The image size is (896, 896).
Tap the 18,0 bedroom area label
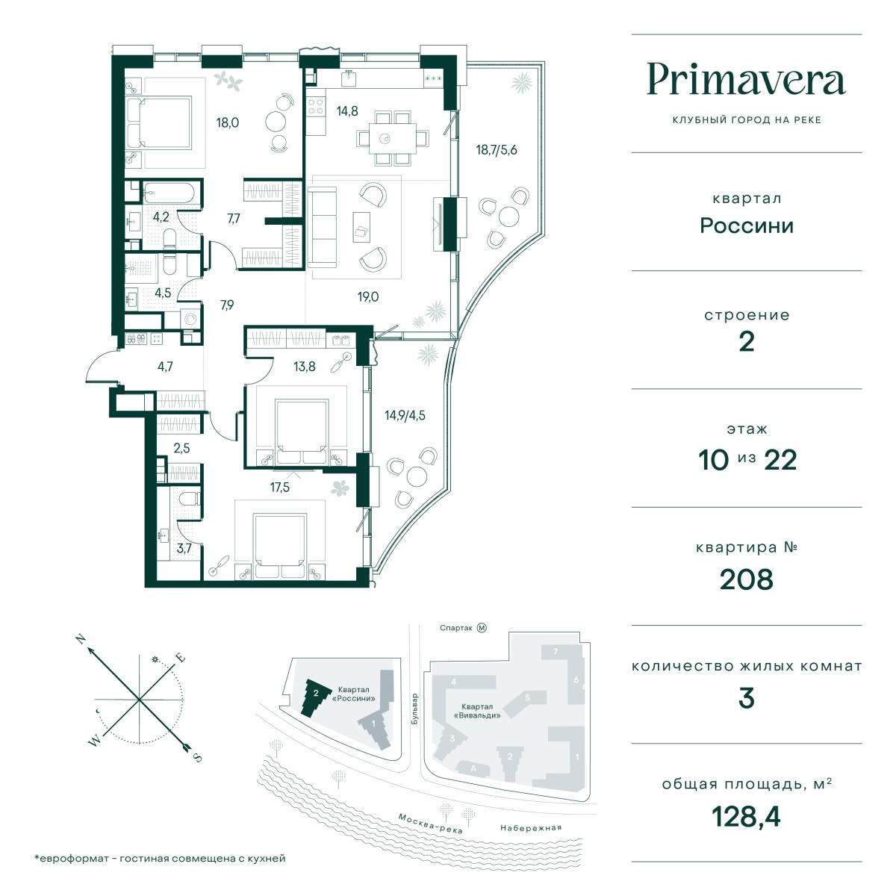coord(228,122)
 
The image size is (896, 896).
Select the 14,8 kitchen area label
coord(347,111)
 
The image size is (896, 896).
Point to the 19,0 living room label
coord(368,296)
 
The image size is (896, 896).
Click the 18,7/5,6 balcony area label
coord(497,150)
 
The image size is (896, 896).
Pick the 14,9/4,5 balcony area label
coord(405,415)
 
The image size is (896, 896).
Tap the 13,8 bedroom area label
coord(305,367)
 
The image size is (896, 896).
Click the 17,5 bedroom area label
coord(280,488)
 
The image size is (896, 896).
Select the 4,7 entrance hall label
coord(165,367)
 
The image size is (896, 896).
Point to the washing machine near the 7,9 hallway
coord(190,319)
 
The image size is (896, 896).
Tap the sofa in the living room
coord(323,228)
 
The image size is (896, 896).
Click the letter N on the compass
coord(82,640)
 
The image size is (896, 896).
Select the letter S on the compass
coord(198,758)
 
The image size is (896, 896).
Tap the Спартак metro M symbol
coord(482,628)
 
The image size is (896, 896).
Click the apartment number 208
coord(746,579)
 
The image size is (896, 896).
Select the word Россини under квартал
coord(746,226)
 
